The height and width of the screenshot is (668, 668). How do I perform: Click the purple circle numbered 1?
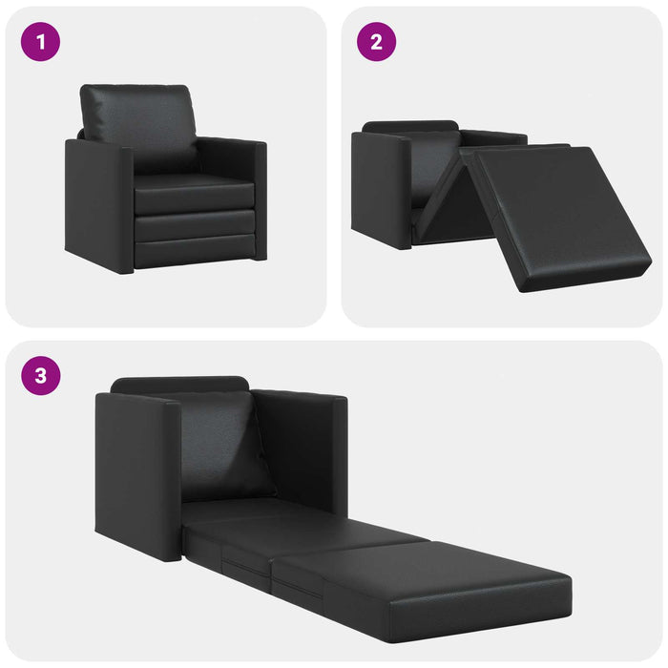click(x=41, y=42)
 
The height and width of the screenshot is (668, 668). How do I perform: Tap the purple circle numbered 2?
click(x=377, y=42)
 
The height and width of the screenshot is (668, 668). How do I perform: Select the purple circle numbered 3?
click(x=41, y=375)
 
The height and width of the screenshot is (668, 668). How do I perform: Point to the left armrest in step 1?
click(x=98, y=205)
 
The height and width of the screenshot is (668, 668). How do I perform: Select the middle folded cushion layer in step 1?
click(x=196, y=226)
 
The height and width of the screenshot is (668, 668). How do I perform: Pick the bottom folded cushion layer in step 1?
click(x=196, y=253)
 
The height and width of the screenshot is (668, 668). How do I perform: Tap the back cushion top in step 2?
click(x=410, y=127)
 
